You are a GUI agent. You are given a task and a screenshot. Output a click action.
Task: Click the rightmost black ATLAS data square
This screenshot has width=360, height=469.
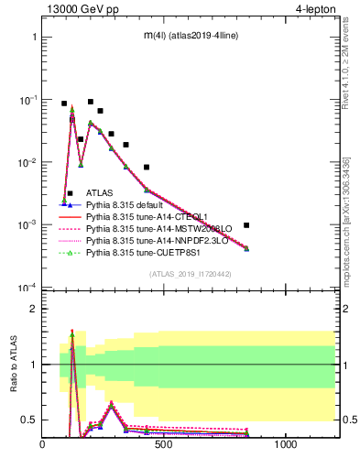(246, 224)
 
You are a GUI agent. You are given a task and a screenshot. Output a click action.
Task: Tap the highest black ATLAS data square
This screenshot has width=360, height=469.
(90, 102)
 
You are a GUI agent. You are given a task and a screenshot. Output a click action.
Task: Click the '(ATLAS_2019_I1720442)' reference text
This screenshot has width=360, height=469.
(190, 274)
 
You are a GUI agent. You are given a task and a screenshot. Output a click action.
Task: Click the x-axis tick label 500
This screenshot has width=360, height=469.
(164, 445)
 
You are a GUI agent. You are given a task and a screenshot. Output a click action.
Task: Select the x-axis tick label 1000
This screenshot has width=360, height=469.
(285, 445)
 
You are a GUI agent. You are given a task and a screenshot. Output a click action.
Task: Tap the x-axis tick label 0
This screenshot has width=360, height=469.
(43, 445)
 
